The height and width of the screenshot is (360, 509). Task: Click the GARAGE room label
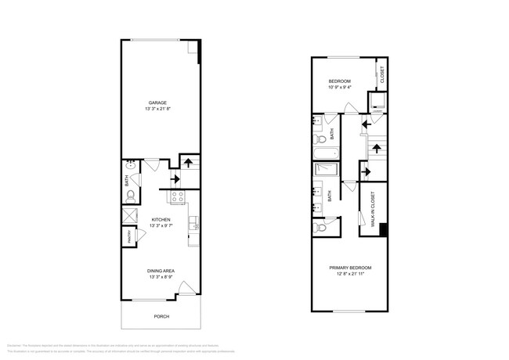pos(159,103)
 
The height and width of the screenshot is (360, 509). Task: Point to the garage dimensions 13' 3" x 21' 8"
pos(159,110)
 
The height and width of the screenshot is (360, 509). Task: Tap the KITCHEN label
pos(161,220)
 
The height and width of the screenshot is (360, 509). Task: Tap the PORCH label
pos(161,316)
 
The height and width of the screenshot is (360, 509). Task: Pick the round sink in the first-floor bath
pos(131,167)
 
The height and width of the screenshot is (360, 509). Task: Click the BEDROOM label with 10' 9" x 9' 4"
pos(339,81)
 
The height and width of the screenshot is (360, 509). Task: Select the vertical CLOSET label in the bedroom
pos(382,76)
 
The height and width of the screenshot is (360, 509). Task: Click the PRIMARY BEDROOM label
pos(349,268)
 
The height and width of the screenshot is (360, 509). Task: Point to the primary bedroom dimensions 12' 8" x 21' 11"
pos(349,275)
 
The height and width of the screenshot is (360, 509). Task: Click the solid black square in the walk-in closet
pos(383,229)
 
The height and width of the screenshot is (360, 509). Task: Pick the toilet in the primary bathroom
pos(320,228)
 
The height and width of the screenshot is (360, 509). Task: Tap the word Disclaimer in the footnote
pos(13,344)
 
